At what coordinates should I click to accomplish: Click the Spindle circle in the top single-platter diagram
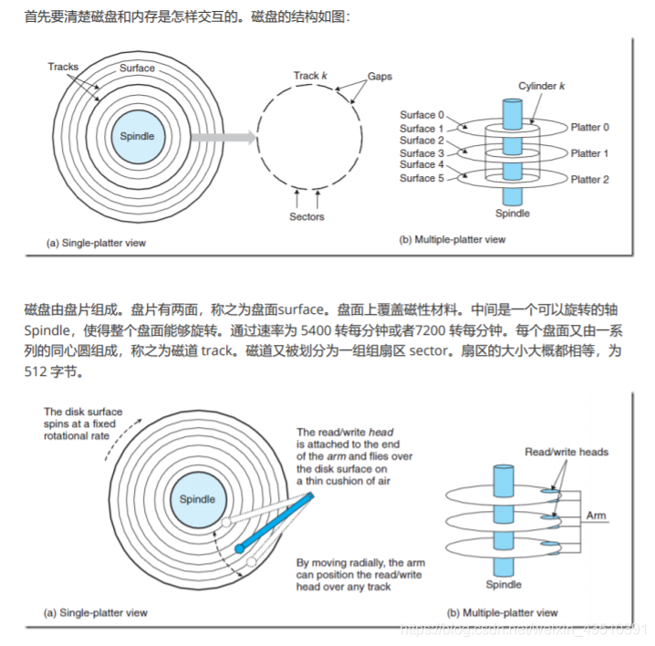click(x=138, y=137)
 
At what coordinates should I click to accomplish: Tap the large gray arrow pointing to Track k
click(x=223, y=138)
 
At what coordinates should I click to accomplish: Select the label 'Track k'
click(x=310, y=76)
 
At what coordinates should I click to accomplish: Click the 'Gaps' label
click(x=379, y=76)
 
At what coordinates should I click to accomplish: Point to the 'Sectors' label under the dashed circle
click(x=307, y=217)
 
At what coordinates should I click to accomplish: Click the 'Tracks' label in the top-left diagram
click(x=63, y=67)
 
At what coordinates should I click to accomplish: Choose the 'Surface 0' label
click(x=422, y=115)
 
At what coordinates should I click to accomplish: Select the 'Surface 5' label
click(x=422, y=178)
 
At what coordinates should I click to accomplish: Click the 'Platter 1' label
click(x=590, y=153)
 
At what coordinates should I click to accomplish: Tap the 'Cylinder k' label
click(x=543, y=85)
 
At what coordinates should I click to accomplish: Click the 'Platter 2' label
click(x=590, y=180)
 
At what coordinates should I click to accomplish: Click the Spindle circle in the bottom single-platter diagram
click(x=197, y=499)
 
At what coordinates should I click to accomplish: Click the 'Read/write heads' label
click(x=567, y=452)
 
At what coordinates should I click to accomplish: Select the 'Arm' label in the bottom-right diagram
click(x=596, y=516)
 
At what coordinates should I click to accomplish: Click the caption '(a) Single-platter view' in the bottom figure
click(x=97, y=612)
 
